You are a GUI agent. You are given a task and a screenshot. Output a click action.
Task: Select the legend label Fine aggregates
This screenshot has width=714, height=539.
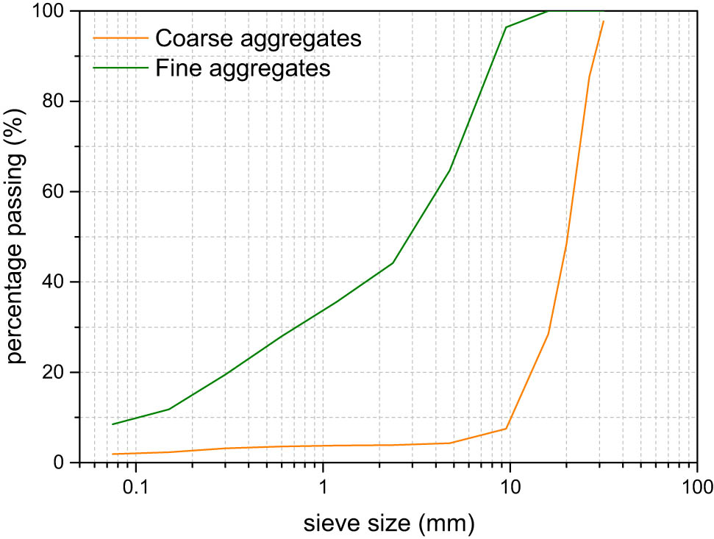click(242, 68)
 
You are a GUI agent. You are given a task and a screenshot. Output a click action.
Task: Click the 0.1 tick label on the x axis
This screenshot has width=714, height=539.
click(135, 488)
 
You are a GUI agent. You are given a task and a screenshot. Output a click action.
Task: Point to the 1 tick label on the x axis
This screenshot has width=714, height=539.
click(323, 488)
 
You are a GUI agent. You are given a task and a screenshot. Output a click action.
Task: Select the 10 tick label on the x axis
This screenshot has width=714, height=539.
click(510, 488)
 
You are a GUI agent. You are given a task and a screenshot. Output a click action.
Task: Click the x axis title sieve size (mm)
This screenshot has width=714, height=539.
click(389, 523)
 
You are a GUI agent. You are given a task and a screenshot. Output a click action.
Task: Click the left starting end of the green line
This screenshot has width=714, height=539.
click(113, 424)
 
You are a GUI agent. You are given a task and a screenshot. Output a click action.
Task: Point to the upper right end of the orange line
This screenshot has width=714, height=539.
click(604, 21)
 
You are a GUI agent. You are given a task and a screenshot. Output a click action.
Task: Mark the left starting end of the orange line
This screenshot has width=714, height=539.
click(113, 454)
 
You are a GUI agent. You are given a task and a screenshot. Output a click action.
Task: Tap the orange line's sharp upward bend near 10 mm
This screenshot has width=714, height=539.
click(506, 428)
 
